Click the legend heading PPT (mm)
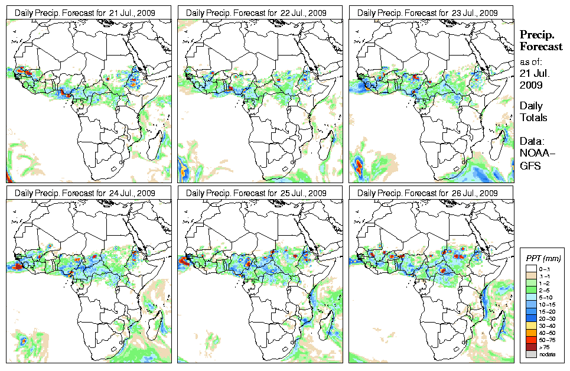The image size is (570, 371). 543,259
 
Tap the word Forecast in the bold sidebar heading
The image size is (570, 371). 540,47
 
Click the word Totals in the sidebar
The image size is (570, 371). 533,118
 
